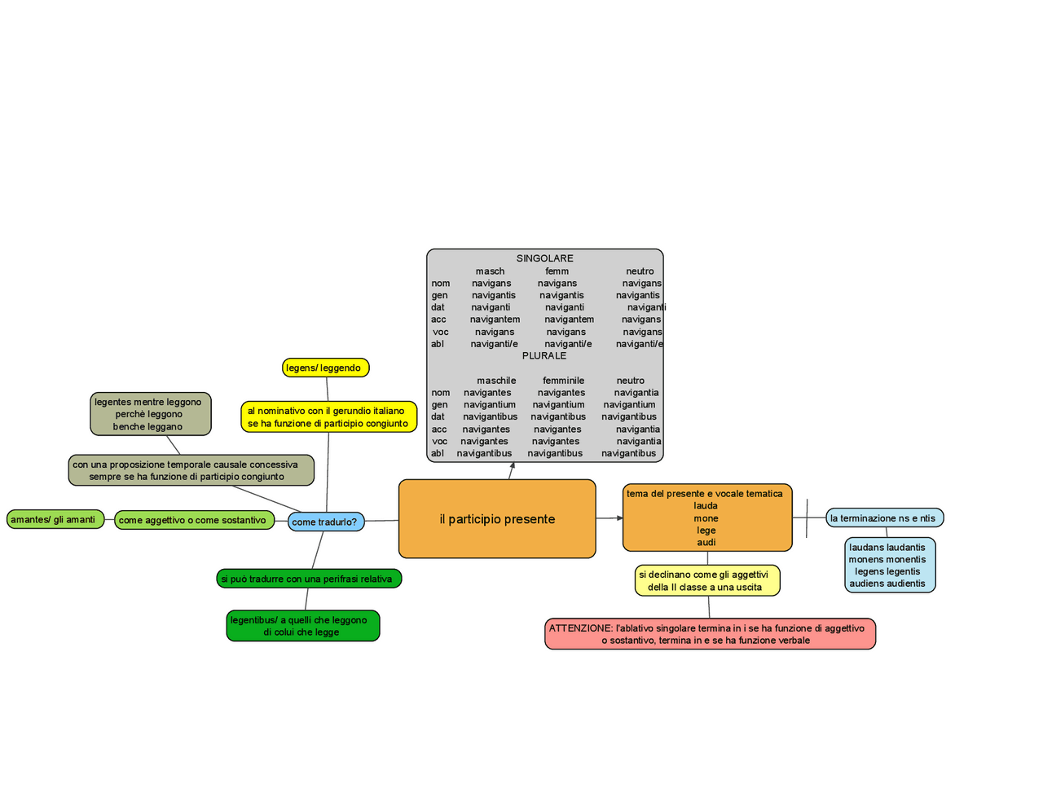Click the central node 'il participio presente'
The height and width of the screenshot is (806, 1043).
(497, 519)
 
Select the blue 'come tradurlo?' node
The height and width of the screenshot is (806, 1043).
(325, 522)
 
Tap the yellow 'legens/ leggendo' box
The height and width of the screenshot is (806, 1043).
(325, 368)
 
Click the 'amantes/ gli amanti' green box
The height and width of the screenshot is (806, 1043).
(55, 519)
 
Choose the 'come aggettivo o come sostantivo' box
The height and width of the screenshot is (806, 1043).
(194, 520)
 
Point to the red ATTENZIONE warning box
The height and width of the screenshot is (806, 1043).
(710, 634)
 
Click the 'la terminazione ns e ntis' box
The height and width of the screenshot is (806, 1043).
(884, 518)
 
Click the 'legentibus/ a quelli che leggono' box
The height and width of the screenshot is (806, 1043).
(302, 626)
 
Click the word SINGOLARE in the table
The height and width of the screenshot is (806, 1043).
(544, 258)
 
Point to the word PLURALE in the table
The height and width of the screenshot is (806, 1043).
(544, 355)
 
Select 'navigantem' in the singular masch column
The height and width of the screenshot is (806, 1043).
(495, 319)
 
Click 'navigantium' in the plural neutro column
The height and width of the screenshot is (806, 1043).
(629, 404)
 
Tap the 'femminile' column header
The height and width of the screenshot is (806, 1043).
(563, 381)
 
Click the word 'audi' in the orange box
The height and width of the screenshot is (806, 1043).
(706, 542)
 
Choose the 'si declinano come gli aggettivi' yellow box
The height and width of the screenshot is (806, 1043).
(706, 580)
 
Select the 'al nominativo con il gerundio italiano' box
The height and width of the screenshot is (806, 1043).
(328, 416)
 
